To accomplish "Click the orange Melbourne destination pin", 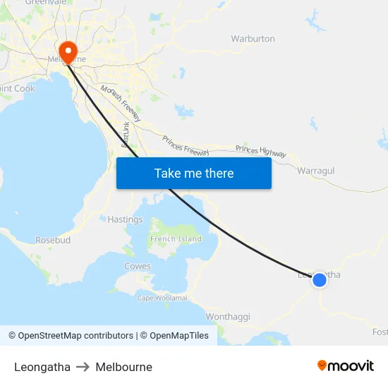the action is (68, 51).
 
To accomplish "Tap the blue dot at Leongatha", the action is (320, 280).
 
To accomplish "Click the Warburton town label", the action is (253, 39).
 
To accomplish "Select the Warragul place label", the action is (315, 171).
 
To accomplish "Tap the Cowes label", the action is (137, 266).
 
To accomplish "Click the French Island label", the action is (176, 239).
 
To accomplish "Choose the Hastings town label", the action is (125, 219).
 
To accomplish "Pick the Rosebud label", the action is (53, 240).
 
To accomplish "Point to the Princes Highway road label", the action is (261, 151).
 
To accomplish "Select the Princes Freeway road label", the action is (186, 145).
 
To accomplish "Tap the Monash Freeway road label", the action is (121, 103).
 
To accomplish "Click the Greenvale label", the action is (45, 3).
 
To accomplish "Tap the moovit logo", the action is (346, 365).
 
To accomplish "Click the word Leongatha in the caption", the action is (42, 367).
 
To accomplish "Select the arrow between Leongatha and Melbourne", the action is (83, 367).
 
